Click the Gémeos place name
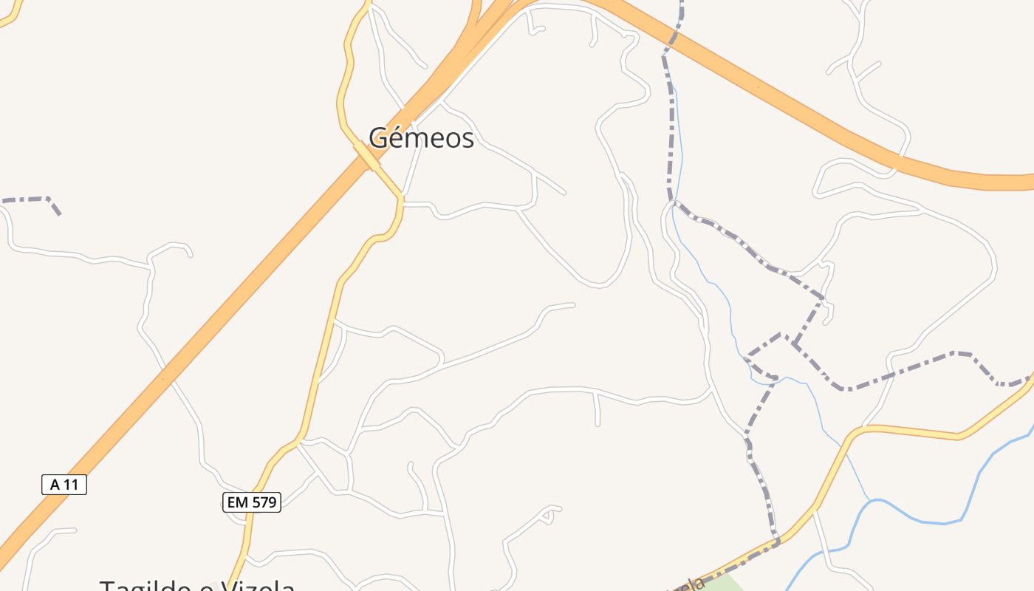click(x=421, y=137)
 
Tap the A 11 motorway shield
click(x=64, y=485)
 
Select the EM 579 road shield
click(x=251, y=502)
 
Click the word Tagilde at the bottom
click(x=148, y=587)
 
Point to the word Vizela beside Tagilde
click(x=255, y=587)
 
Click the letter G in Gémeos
click(x=378, y=137)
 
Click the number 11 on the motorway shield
click(x=71, y=485)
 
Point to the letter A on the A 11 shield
click(x=54, y=485)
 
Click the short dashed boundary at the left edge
click(x=30, y=199)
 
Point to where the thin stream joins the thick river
click(x=869, y=502)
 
